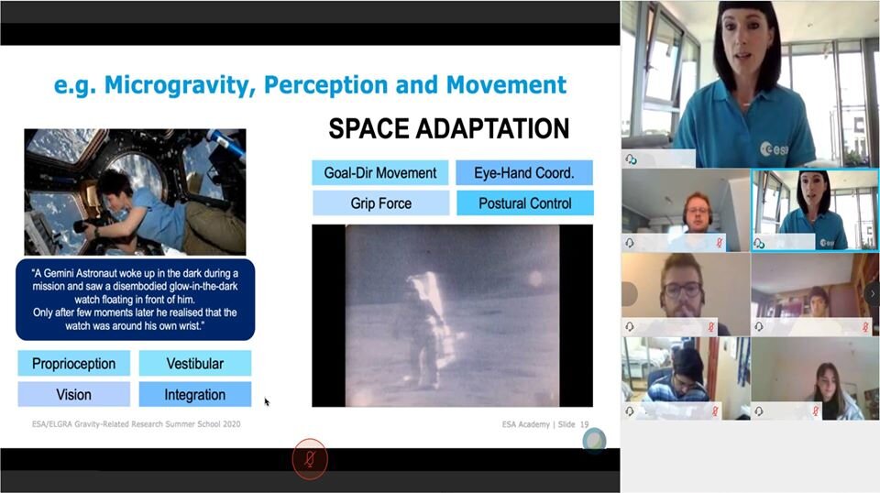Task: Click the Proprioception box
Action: (x=73, y=364)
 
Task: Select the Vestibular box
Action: (x=194, y=364)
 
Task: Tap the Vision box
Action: (x=73, y=394)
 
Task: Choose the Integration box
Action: (x=194, y=394)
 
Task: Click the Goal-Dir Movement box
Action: (x=380, y=173)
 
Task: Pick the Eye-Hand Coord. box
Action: (x=524, y=173)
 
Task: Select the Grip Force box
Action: (x=380, y=203)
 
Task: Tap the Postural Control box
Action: (x=524, y=203)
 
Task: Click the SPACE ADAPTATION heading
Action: (x=448, y=128)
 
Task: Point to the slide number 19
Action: (x=584, y=424)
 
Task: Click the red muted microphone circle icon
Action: (x=309, y=459)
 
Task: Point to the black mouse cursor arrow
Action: (x=267, y=401)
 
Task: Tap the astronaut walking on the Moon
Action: (x=423, y=331)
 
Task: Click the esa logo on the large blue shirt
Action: (x=774, y=148)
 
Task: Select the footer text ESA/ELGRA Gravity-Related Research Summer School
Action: (x=126, y=424)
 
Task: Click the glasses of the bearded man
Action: (x=682, y=290)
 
